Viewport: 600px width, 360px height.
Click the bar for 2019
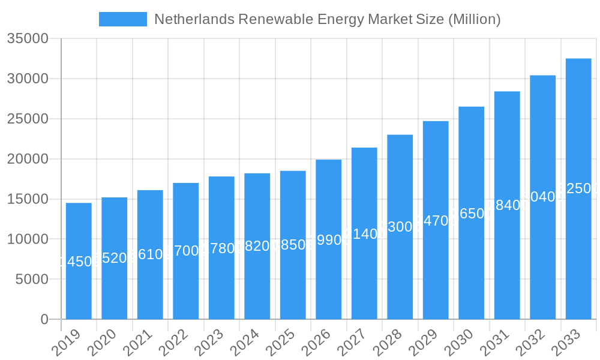click(79, 261)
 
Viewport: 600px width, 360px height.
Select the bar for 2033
click(578, 188)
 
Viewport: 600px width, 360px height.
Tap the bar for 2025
click(293, 245)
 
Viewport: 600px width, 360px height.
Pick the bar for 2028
click(400, 227)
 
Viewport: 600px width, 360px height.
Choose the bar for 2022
click(186, 251)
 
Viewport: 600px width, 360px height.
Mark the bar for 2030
click(471, 213)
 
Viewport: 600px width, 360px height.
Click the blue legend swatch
click(122, 19)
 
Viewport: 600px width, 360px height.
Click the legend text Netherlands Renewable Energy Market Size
click(327, 19)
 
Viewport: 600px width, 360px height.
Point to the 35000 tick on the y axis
click(28, 39)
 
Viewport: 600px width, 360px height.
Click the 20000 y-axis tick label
click(28, 159)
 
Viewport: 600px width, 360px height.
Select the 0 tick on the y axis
click(44, 319)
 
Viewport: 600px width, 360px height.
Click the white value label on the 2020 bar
click(114, 258)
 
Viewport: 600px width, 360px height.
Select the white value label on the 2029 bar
click(436, 221)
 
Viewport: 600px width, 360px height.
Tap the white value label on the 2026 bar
click(328, 240)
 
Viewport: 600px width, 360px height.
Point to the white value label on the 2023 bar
click(221, 248)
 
